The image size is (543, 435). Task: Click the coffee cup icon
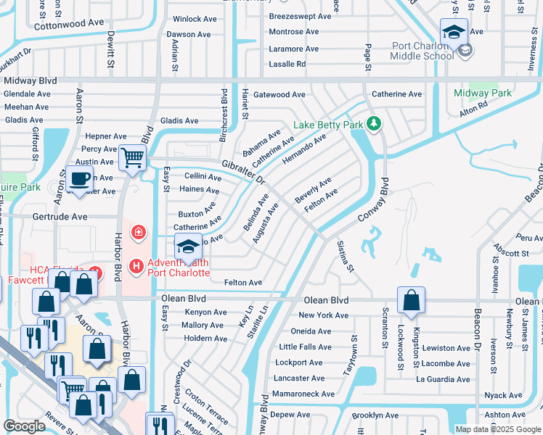pyautogui.click(x=79, y=178)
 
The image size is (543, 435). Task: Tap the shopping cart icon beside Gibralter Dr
pyautogui.click(x=132, y=157)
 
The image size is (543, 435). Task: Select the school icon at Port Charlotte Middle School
pyautogui.click(x=454, y=33)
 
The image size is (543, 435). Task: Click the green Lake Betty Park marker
pyautogui.click(x=374, y=125)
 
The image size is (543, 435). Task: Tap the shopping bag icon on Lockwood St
pyautogui.click(x=411, y=299)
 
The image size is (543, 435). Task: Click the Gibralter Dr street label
pyautogui.click(x=234, y=171)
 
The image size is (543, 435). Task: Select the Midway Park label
pyautogui.click(x=483, y=93)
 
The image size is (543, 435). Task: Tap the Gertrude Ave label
pyautogui.click(x=59, y=217)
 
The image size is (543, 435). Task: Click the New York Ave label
pyautogui.click(x=324, y=315)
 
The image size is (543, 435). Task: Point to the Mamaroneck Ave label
pyautogui.click(x=303, y=394)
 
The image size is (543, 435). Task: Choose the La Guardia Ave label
pyautogui.click(x=443, y=379)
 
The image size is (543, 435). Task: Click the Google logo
pyautogui.click(x=25, y=426)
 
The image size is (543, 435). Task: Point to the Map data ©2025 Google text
pyautogui.click(x=498, y=429)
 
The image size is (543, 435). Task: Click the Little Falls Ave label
pyautogui.click(x=304, y=347)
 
